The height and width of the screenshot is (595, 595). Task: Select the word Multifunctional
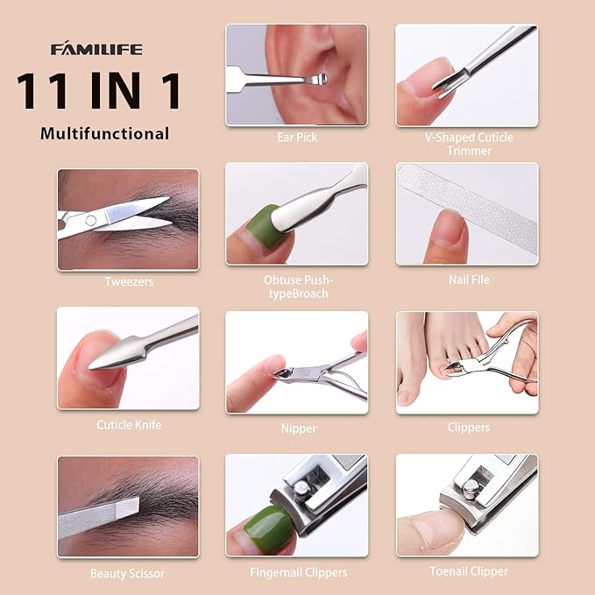pos(104,134)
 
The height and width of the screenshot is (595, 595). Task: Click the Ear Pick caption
pos(296,138)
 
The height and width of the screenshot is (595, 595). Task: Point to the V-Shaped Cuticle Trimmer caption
pos(466,144)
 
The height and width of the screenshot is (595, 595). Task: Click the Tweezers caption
pos(128,281)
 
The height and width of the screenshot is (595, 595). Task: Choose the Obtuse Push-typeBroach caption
pos(296,287)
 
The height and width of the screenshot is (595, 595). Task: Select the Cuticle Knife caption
pos(128,425)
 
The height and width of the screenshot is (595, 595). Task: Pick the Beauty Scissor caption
pos(128,574)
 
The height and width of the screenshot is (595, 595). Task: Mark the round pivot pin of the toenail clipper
pos(471,481)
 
